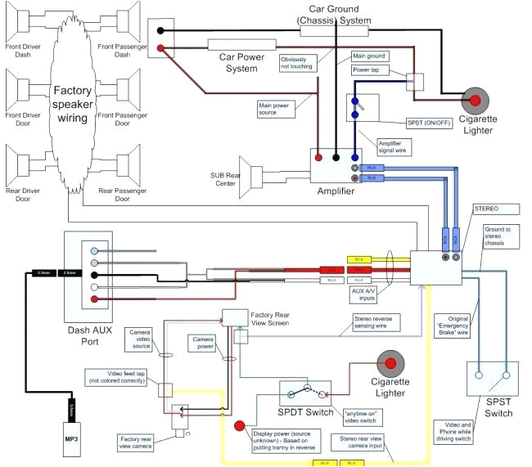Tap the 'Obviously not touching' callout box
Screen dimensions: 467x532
(x=298, y=64)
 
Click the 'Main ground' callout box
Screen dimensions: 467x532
(x=368, y=56)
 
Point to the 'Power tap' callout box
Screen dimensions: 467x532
(x=369, y=71)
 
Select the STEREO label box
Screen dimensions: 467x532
(x=486, y=209)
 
